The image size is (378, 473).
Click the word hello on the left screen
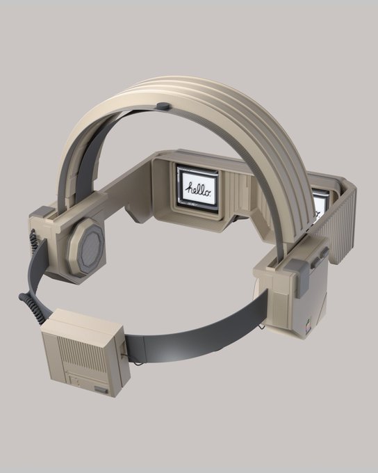point(197,189)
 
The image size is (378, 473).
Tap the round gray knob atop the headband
point(164,106)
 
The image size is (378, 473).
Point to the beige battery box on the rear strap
point(86,351)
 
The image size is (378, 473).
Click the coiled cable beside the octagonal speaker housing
point(32,239)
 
